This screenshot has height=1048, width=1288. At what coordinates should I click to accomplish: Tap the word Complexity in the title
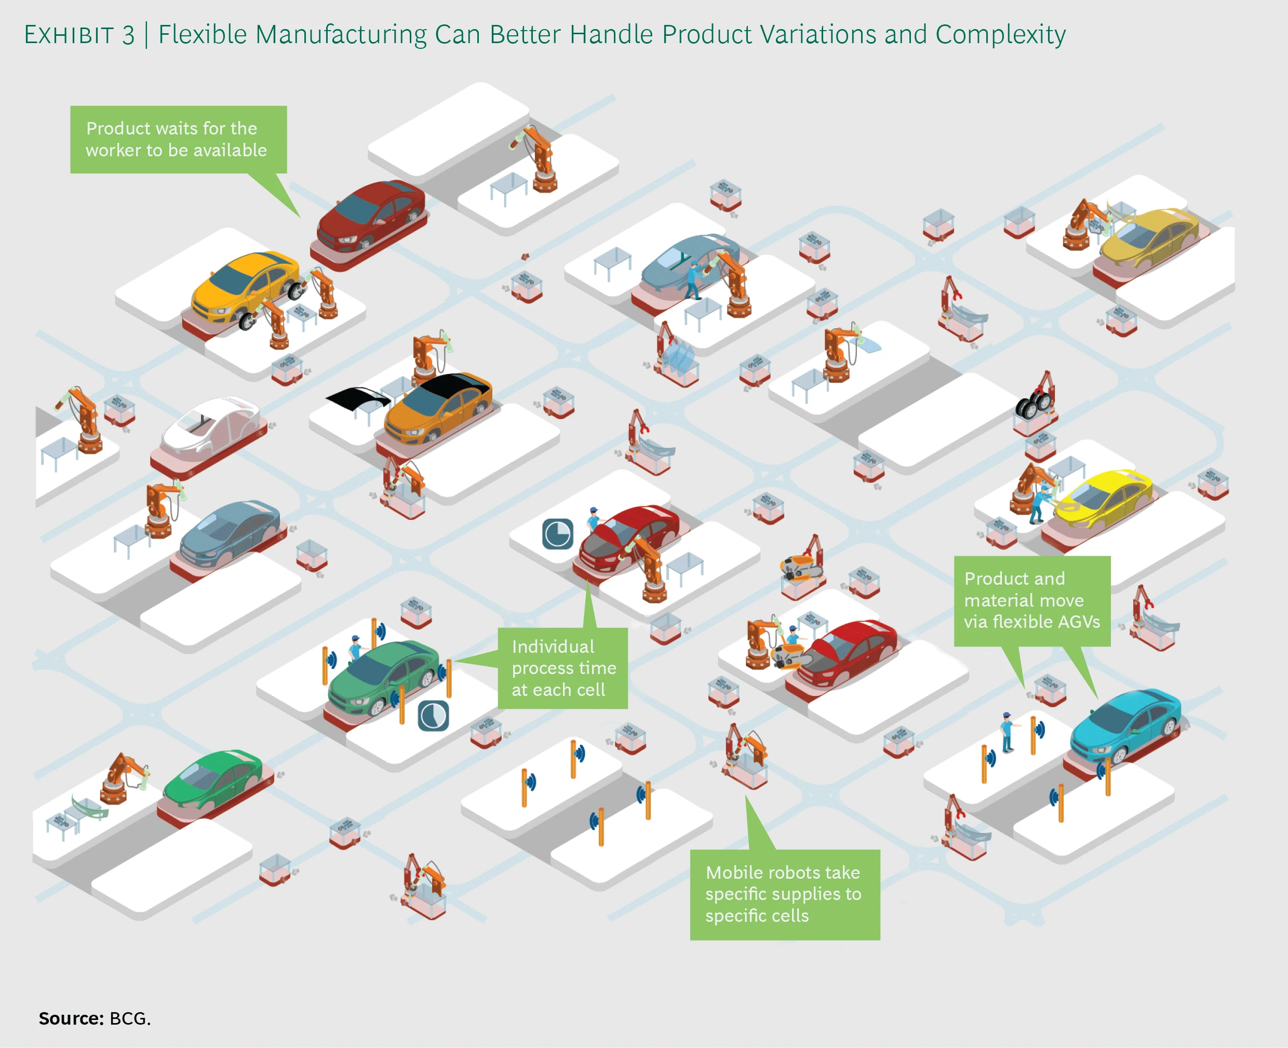coord(1000,34)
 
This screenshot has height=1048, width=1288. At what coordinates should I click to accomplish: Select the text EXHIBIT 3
coord(79,34)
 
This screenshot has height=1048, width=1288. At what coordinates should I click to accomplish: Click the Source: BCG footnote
coord(95,1018)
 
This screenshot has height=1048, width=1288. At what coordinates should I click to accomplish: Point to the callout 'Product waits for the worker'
coord(178,140)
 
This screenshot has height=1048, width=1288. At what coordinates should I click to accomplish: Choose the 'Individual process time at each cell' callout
coord(562,668)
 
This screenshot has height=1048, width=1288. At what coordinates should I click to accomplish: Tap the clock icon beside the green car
coord(433,716)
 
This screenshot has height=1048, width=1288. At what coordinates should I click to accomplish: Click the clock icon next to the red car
coord(557,534)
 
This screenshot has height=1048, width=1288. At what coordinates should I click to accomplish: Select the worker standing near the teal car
coord(1007,732)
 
